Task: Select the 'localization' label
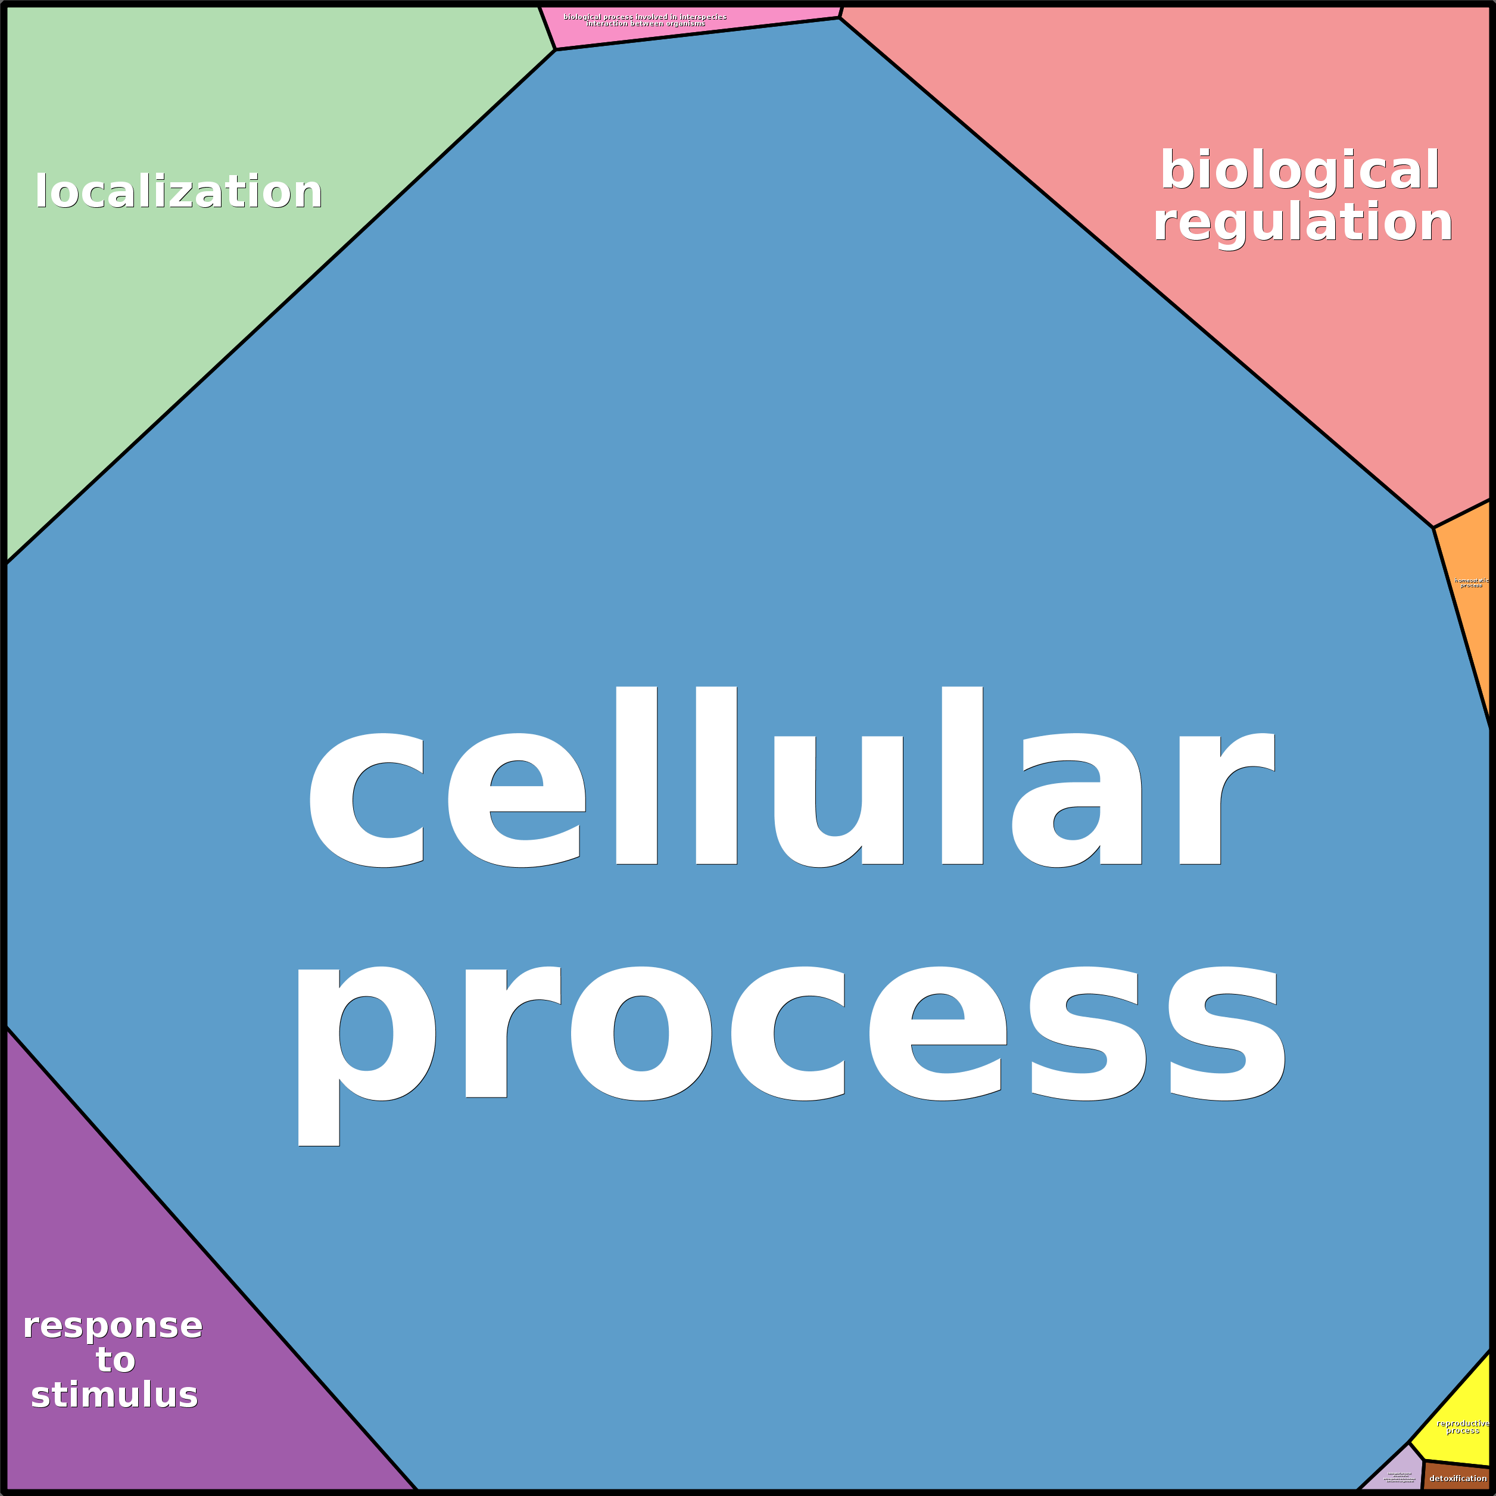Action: click(178, 191)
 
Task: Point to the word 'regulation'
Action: click(1302, 222)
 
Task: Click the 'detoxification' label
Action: click(1458, 1478)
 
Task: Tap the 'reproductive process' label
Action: click(1462, 1426)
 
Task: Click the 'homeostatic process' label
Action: click(1470, 583)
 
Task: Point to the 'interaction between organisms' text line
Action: click(645, 24)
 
